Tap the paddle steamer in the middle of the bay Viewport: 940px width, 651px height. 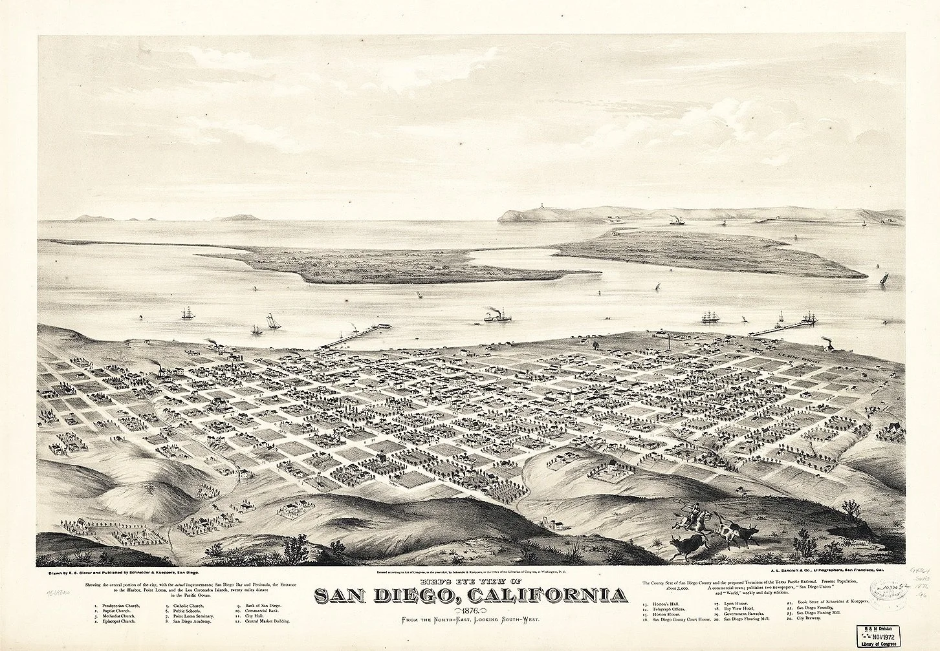pyautogui.click(x=497, y=316)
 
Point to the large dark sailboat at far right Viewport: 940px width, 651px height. pyautogui.click(x=883, y=277)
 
